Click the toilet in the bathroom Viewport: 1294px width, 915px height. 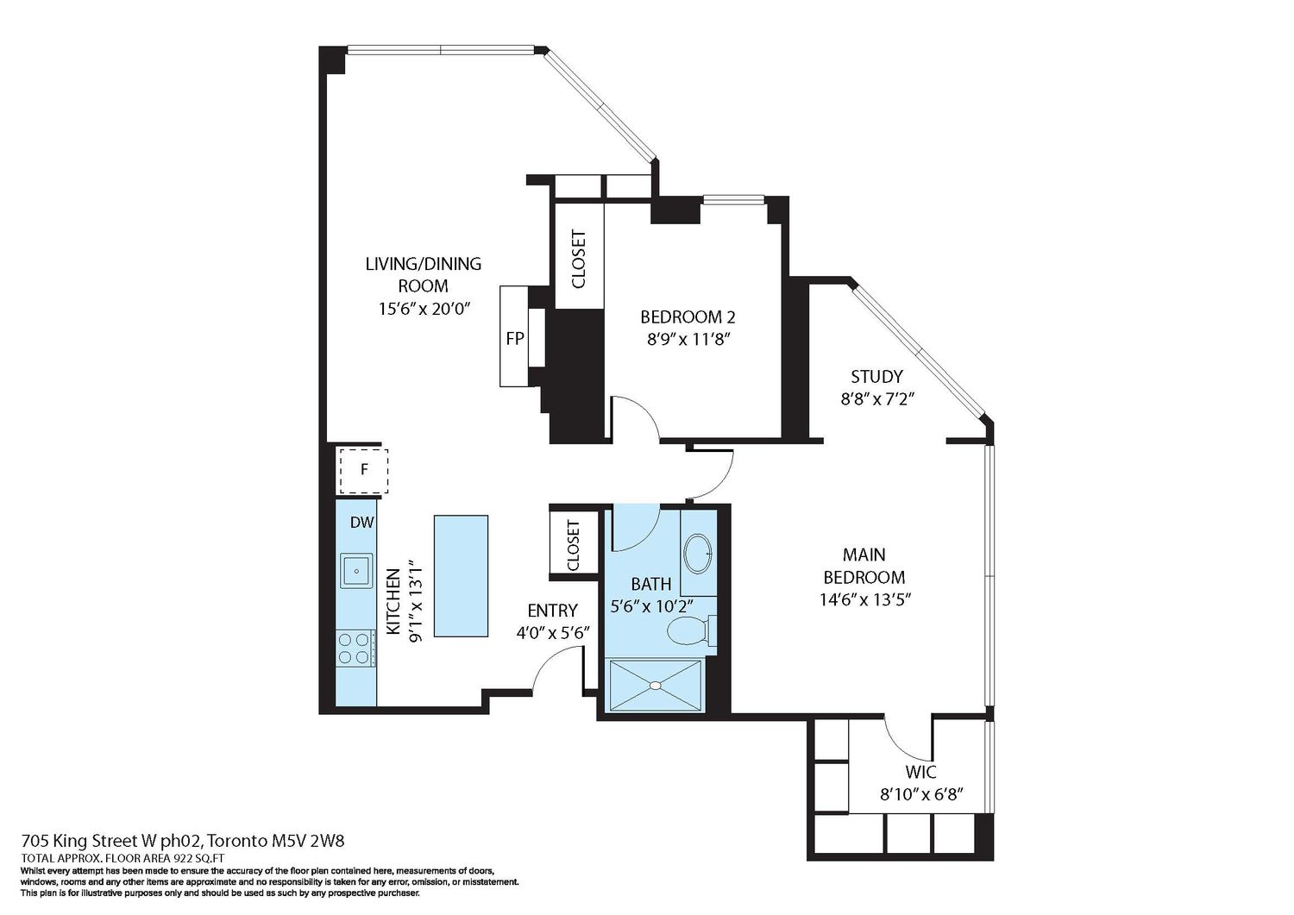pos(692,631)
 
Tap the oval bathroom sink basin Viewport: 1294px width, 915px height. pos(699,554)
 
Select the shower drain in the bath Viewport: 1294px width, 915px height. pos(655,686)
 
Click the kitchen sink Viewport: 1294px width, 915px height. pos(356,571)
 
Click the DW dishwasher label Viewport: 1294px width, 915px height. pos(362,523)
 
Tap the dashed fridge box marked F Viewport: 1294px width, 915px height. pos(364,471)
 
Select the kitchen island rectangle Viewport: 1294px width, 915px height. pos(461,576)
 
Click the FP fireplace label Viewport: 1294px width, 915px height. pos(515,339)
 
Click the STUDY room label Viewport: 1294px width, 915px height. pos(876,377)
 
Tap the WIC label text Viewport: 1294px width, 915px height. pos(920,772)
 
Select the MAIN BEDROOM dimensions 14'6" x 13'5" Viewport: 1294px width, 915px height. pos(864,600)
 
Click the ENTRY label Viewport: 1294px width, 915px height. pos(552,611)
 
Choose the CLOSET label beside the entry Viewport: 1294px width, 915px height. pos(573,546)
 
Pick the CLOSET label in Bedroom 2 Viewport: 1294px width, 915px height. pos(578,260)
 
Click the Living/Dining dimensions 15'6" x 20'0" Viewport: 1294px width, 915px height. pos(424,309)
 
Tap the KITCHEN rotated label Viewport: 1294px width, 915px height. pos(393,601)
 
